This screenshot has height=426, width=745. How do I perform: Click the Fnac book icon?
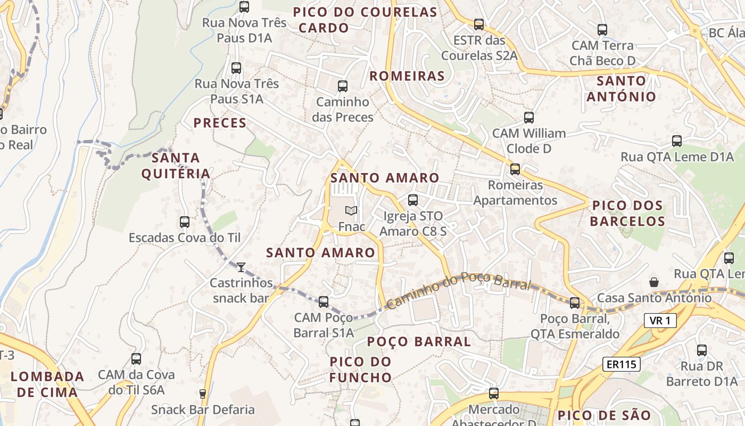point(351,210)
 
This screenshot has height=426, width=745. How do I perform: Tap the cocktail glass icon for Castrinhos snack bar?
point(241,267)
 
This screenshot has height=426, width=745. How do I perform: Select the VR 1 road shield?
point(660,321)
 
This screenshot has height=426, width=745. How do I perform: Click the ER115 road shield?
point(621,365)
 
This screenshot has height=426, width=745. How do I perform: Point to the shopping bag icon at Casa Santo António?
point(653,282)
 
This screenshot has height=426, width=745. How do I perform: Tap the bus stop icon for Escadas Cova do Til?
point(185,222)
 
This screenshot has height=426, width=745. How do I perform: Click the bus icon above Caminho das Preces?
point(343,86)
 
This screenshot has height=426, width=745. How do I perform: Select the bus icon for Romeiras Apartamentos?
point(515,169)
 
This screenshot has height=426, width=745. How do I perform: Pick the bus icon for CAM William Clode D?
point(528,118)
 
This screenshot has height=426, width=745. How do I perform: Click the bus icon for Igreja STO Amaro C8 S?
point(412,200)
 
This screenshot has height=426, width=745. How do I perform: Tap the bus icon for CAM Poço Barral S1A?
point(323,302)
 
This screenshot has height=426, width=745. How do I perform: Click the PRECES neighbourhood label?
point(220,124)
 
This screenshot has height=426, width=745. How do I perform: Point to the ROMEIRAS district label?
point(407,76)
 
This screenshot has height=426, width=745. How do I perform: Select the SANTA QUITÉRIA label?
point(176,166)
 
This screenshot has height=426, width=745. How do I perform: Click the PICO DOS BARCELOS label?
point(627,213)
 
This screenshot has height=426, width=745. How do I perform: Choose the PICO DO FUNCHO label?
point(360,370)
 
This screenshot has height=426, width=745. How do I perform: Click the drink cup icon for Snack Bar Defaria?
point(202,394)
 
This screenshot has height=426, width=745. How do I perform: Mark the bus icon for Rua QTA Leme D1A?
point(676,141)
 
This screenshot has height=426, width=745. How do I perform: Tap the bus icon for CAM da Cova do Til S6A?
point(136,359)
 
